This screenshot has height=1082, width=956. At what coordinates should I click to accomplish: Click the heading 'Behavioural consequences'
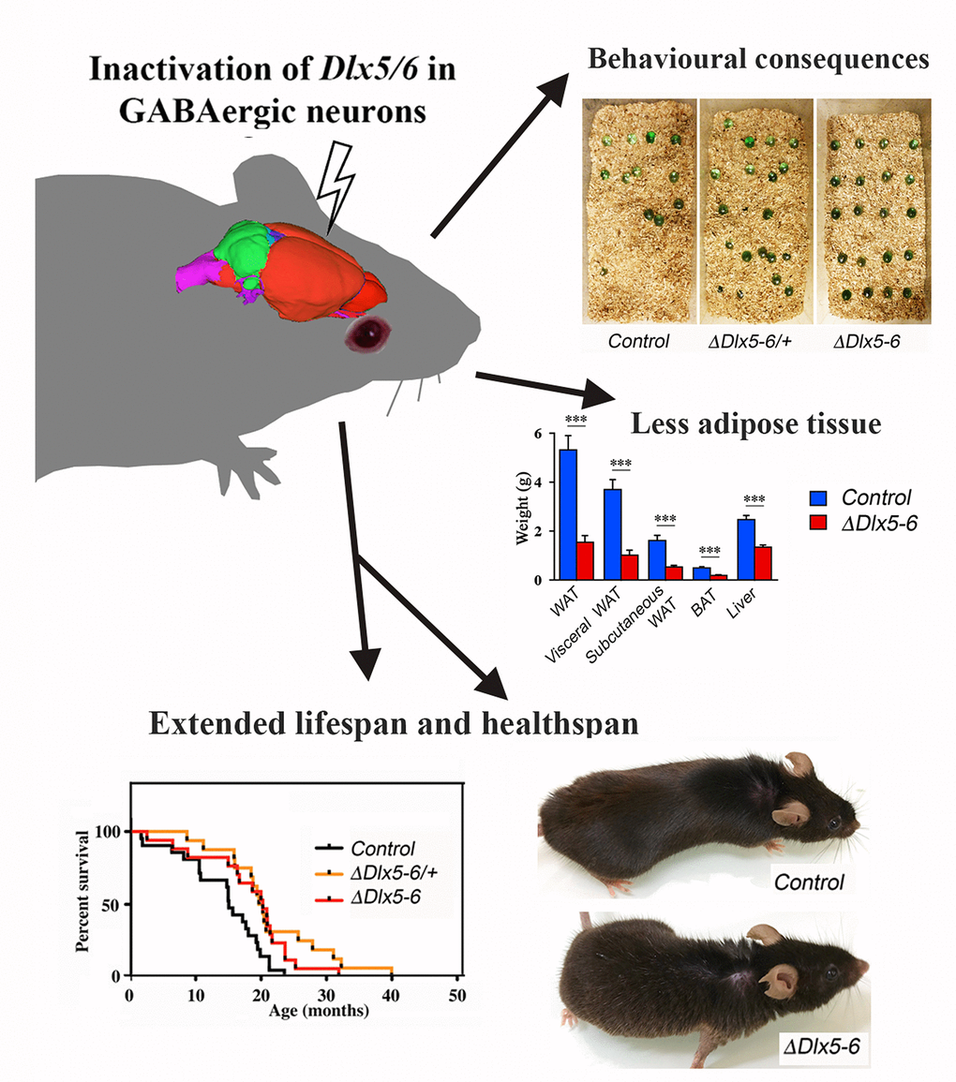click(x=757, y=61)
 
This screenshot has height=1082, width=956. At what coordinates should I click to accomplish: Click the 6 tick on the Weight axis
click(x=537, y=434)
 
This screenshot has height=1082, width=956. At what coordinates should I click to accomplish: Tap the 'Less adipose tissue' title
click(x=755, y=424)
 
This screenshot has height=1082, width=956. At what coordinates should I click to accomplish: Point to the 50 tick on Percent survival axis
click(x=112, y=904)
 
